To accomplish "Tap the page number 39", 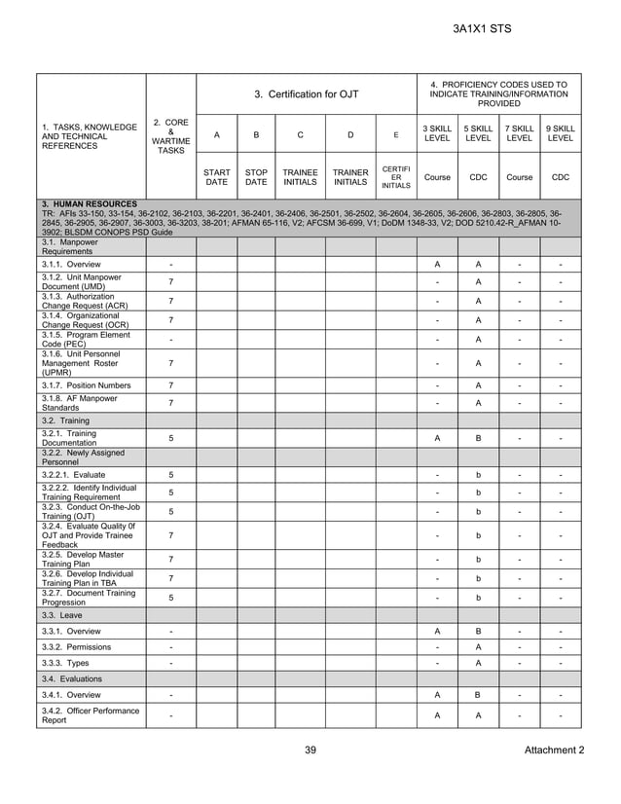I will tap(310, 749).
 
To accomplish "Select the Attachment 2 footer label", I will tap(554, 749).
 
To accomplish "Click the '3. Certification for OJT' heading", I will tap(307, 94).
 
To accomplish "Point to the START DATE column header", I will tap(216, 177).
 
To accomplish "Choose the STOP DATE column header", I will tap(256, 177).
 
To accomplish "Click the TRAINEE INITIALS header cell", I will tap(300, 177).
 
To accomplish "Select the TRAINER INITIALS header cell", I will tap(350, 177).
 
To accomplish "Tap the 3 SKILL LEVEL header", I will tap(437, 133).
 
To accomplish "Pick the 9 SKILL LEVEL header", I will tap(561, 133).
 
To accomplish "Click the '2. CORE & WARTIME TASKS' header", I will tap(171, 136).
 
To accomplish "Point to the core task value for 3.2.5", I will tap(171, 559).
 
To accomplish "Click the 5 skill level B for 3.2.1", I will tap(478, 438).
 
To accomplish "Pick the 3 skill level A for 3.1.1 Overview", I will tap(437, 265).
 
